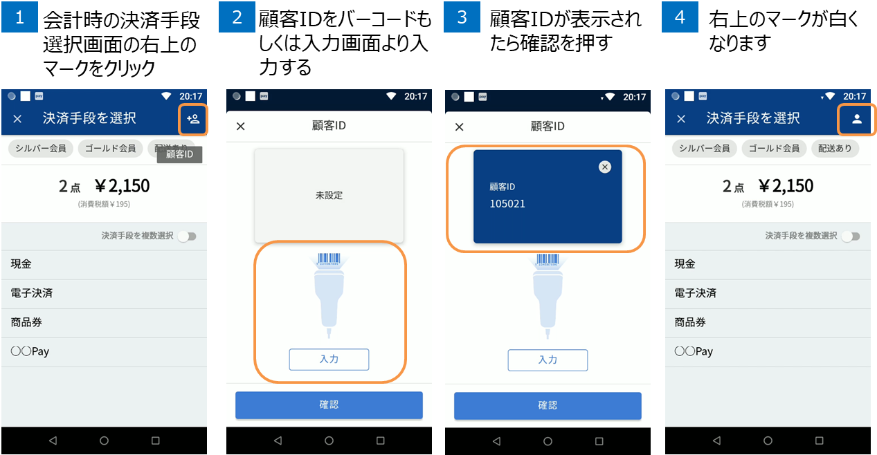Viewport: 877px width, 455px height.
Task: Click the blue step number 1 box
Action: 19,17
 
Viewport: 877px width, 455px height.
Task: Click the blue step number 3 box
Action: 462,17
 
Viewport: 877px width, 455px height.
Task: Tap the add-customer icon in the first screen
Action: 193,118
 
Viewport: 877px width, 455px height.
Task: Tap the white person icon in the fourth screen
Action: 857,119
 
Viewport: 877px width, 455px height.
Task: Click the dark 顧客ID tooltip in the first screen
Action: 180,154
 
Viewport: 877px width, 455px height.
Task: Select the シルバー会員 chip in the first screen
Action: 41,148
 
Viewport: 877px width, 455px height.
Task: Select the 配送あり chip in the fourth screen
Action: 835,148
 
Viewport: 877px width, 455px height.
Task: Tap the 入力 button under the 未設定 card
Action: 329,359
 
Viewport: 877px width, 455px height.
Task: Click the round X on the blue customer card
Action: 605,167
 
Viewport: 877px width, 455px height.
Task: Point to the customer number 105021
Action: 507,204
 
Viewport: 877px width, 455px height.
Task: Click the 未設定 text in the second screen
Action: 329,195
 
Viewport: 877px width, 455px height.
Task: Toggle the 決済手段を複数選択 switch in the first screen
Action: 188,236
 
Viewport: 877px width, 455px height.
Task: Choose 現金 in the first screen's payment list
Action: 21,264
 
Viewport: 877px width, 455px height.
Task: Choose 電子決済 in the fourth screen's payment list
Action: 696,293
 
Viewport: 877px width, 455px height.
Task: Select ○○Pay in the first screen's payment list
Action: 30,351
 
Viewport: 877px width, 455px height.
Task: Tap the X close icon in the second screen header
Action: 241,127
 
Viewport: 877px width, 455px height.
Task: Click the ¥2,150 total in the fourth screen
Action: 786,186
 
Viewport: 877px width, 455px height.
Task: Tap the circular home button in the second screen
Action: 329,441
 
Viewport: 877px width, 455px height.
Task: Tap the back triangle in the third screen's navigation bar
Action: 497,441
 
